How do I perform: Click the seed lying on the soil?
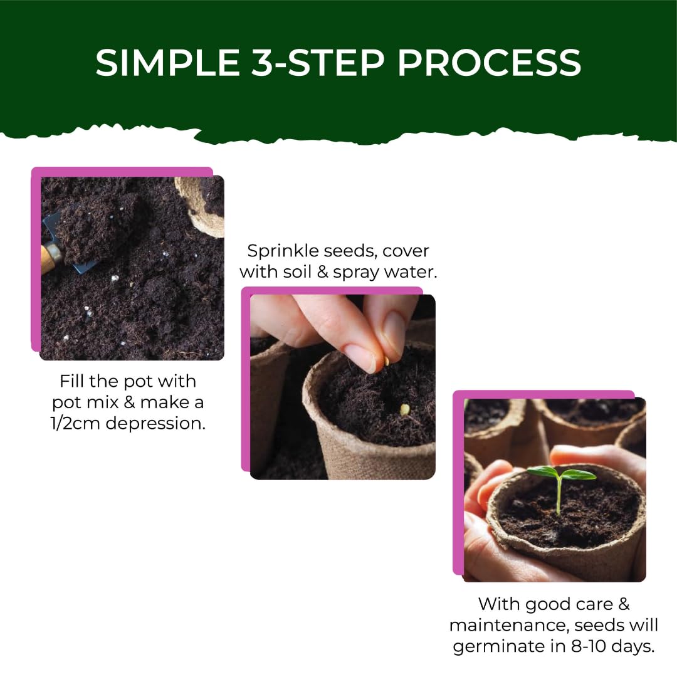pyautogui.click(x=405, y=409)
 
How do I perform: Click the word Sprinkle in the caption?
pyautogui.click(x=282, y=251)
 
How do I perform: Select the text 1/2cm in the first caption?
pyautogui.click(x=77, y=422)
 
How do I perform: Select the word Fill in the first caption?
pyautogui.click(x=73, y=381)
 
